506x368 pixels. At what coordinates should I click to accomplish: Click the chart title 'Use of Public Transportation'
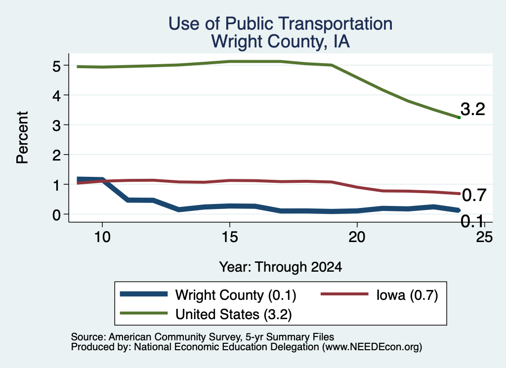(x=281, y=24)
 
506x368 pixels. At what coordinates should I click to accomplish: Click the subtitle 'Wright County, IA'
(x=281, y=41)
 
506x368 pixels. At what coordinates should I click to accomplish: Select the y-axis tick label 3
(x=56, y=125)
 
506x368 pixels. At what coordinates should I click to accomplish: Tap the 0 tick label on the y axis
(x=56, y=214)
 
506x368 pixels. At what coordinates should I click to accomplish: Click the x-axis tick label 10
(x=102, y=237)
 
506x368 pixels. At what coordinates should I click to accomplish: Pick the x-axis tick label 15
(x=230, y=237)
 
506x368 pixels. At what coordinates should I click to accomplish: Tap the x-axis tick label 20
(x=357, y=237)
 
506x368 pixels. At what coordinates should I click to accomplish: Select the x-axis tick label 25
(x=484, y=237)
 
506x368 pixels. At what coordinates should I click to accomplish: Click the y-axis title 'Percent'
(x=22, y=138)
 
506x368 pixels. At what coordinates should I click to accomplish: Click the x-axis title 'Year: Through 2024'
(x=281, y=267)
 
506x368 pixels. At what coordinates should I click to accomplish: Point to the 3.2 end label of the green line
(x=473, y=109)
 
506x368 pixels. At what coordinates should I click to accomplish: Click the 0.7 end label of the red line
(x=474, y=195)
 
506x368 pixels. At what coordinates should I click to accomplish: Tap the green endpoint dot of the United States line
(x=459, y=118)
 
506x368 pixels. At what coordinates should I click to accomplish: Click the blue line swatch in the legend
(x=144, y=294)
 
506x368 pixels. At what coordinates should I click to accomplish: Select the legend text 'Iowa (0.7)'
(x=407, y=295)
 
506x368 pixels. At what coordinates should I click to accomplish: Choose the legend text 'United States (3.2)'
(x=234, y=315)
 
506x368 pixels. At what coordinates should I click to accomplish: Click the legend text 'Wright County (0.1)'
(x=236, y=295)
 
